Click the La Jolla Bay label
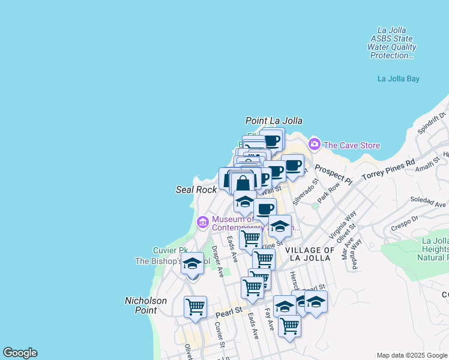click(398, 79)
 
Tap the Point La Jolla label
click(274, 121)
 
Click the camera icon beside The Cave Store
click(314, 144)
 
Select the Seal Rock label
click(196, 190)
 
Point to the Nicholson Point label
click(140, 305)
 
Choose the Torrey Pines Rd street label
click(388, 171)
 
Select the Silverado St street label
click(304, 194)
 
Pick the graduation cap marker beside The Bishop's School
click(193, 264)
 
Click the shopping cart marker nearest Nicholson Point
click(195, 307)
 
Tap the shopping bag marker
click(243, 183)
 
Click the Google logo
click(20, 353)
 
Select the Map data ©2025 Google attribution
click(412, 355)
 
